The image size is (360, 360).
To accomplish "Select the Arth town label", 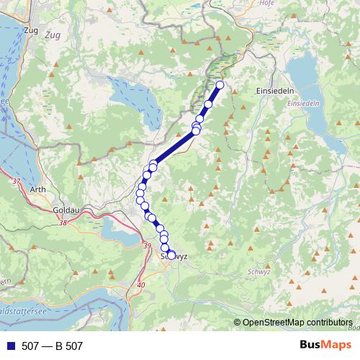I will [x=38, y=190].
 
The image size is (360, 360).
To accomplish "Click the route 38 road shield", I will [x=63, y=223].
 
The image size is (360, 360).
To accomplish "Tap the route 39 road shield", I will [x=147, y=247].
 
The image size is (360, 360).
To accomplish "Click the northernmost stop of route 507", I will [x=220, y=86].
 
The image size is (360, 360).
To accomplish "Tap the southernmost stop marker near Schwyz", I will [x=171, y=254].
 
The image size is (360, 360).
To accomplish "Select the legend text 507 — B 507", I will [x=53, y=346].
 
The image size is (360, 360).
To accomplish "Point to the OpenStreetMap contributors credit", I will [x=297, y=322].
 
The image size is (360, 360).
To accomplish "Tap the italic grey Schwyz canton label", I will [x=258, y=271].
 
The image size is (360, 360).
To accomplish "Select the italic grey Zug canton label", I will [x=53, y=34].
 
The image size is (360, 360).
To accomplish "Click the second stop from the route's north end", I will [x=209, y=104].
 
